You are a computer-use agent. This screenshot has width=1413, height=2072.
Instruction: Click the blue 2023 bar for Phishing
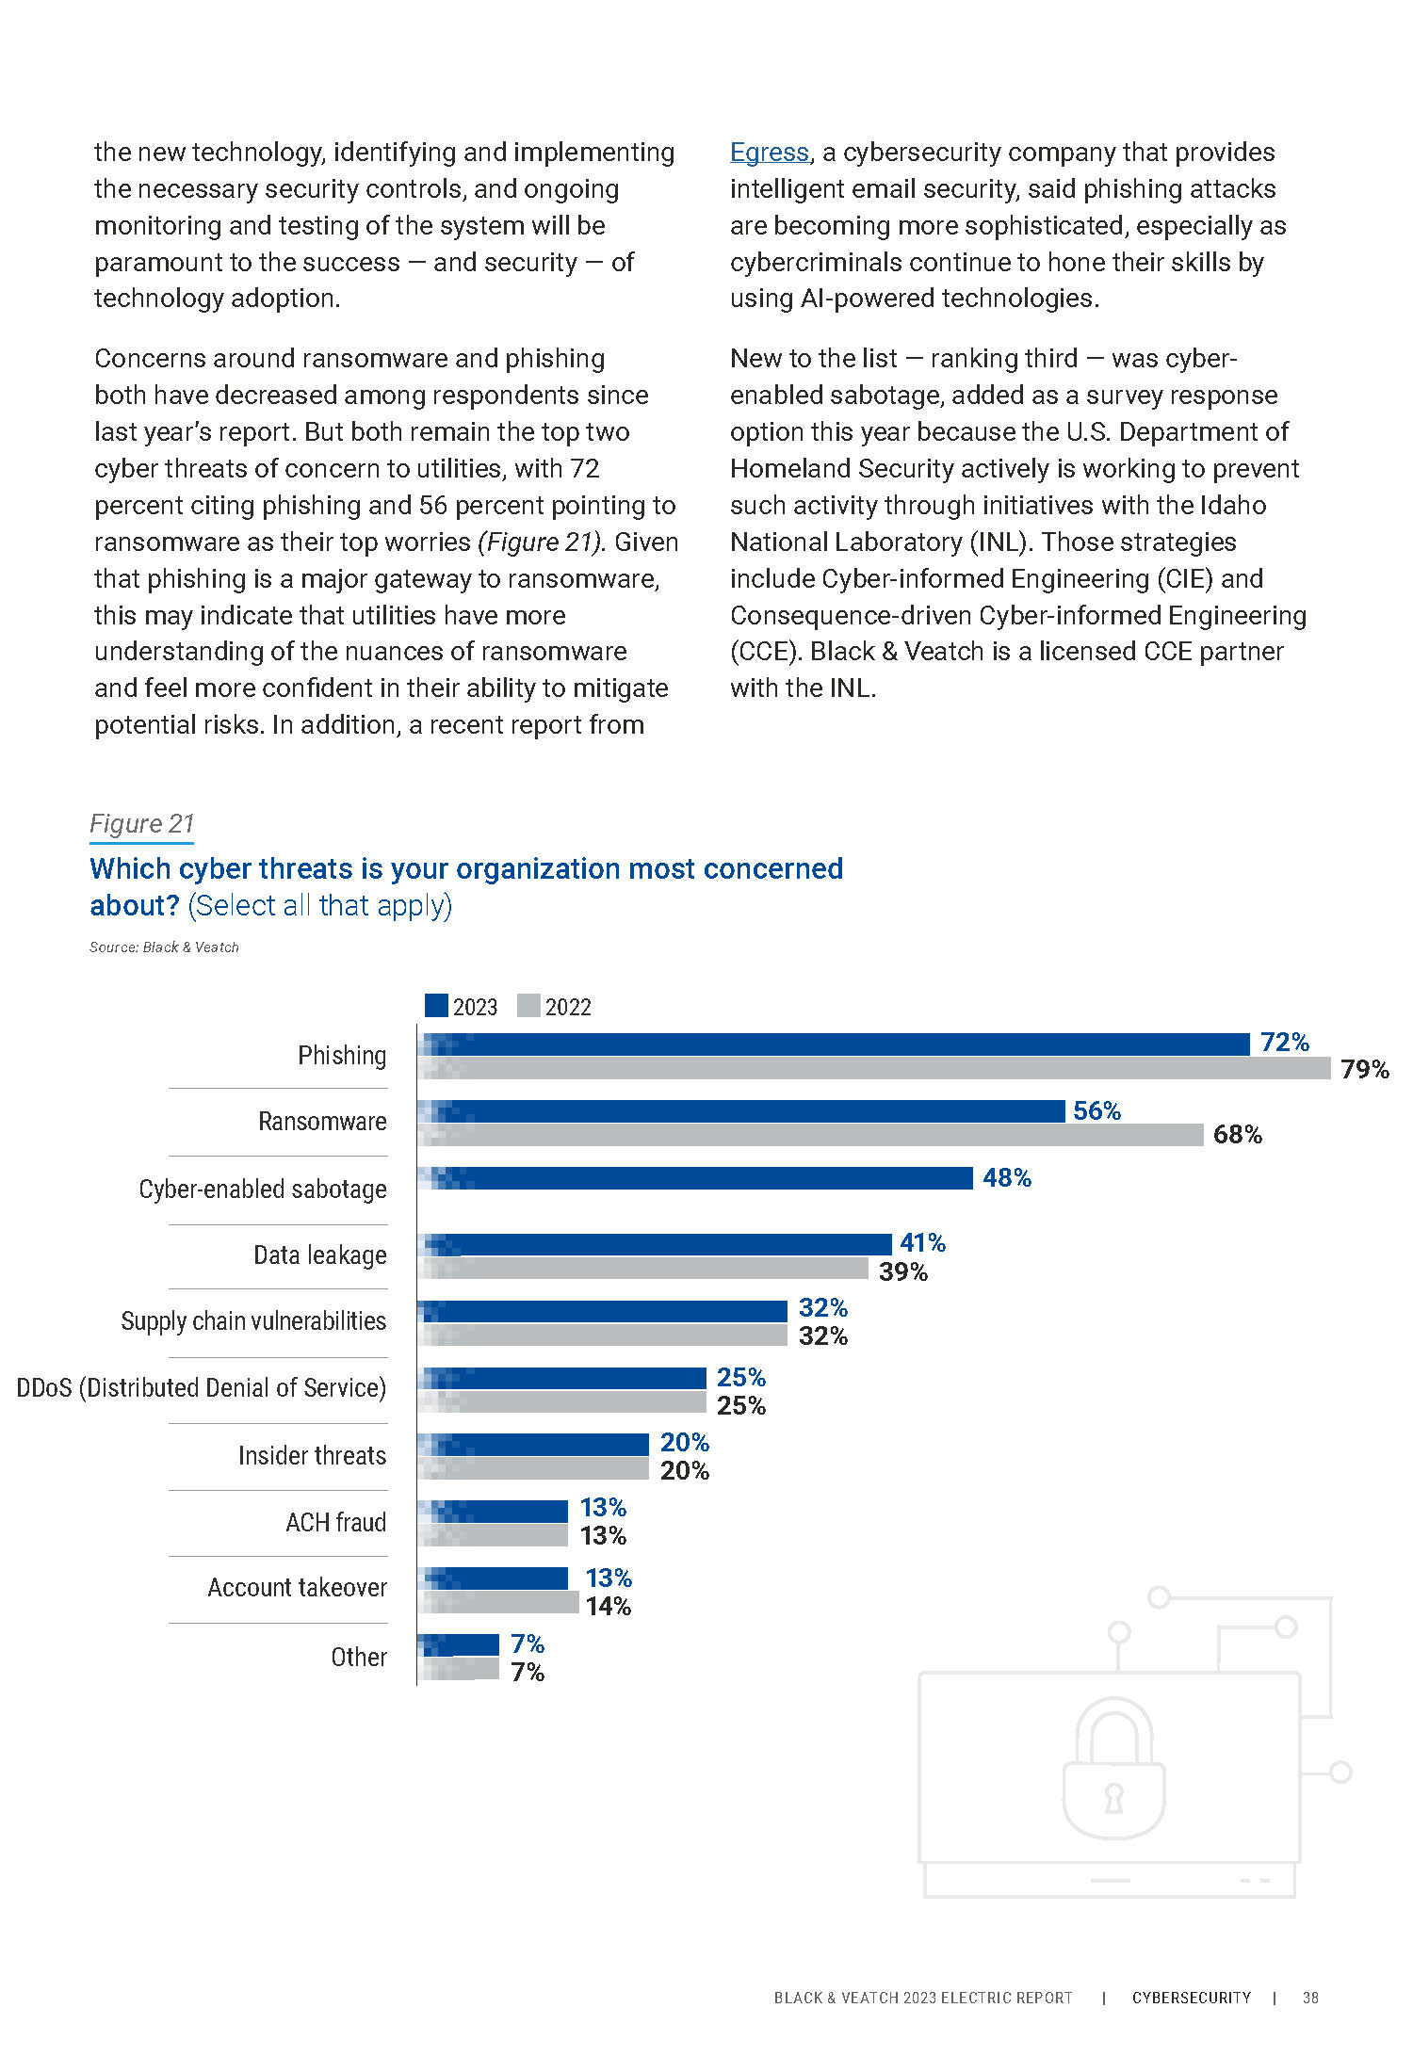point(834,1044)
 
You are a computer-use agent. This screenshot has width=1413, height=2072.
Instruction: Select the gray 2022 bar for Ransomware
point(810,1135)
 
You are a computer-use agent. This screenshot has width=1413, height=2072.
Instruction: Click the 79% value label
point(1364,1070)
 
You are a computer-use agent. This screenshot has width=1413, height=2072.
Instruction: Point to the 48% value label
point(1006,1178)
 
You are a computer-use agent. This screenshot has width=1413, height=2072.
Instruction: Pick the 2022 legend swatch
point(528,1006)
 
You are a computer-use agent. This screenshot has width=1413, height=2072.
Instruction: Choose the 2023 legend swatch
point(436,1006)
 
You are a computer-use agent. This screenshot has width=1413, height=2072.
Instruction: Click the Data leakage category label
point(319,1255)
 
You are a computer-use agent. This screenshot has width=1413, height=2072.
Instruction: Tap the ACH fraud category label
point(335,1522)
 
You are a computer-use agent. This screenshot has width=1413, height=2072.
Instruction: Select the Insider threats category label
point(312,1455)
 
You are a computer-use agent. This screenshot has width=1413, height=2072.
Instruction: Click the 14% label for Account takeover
point(608,1606)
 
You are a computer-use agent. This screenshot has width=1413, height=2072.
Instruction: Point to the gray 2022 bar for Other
point(459,1669)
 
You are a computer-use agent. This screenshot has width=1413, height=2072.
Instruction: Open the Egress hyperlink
point(769,153)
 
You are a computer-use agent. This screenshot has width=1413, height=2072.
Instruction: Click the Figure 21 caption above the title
point(141,824)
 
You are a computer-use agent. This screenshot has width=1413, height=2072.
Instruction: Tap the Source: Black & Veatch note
point(164,947)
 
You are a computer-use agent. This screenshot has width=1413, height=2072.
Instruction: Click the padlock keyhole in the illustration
point(1113,1797)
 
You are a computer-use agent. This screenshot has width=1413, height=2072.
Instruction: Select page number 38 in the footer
point(1309,1998)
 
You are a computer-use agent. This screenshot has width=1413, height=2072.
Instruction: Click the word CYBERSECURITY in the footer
point(1191,1998)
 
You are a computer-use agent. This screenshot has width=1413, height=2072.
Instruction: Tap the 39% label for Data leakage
point(902,1271)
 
